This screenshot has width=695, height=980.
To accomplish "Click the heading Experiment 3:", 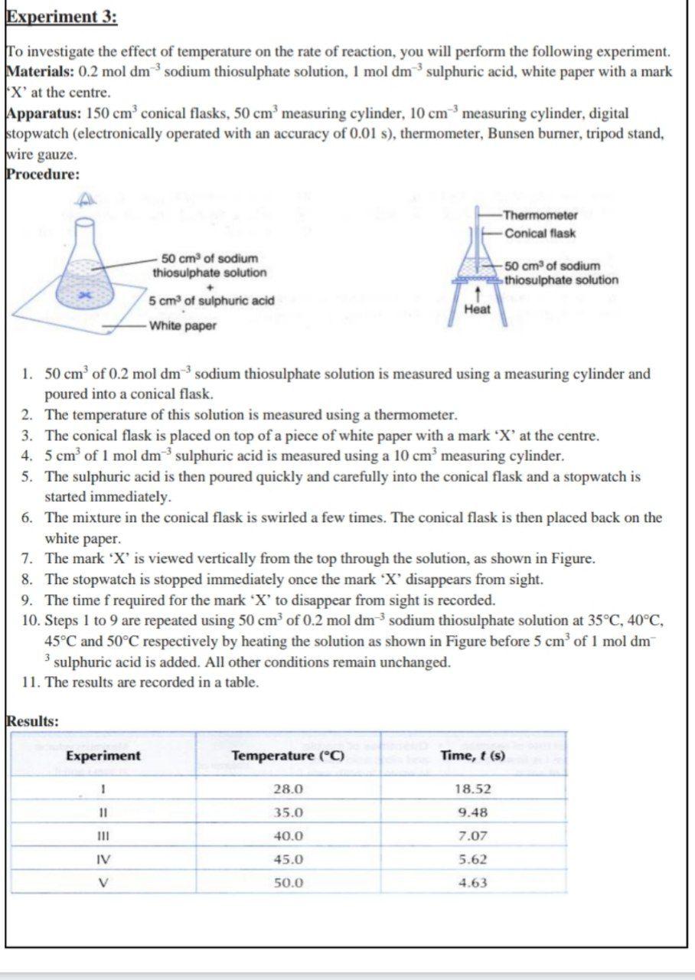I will [x=61, y=17].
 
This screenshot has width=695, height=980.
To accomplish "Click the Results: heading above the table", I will [x=32, y=720].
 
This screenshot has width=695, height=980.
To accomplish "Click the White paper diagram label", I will [x=182, y=326].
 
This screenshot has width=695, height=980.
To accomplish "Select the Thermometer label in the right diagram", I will [x=540, y=215].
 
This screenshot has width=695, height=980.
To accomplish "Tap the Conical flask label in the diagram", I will [x=540, y=234].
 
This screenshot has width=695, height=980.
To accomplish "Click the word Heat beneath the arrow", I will [x=477, y=309].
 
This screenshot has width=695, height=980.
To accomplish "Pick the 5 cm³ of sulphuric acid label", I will [x=211, y=300].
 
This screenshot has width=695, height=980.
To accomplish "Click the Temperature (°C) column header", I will [x=288, y=756].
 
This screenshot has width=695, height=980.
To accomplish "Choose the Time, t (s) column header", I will [x=472, y=756].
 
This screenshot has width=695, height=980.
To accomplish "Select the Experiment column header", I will [x=103, y=756].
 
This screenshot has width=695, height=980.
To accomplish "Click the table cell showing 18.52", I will [x=472, y=789].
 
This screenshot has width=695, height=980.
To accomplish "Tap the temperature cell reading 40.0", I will [x=288, y=836].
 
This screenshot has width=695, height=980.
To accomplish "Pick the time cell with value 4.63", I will [x=472, y=883].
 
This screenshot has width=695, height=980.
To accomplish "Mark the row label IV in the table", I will [x=103, y=859].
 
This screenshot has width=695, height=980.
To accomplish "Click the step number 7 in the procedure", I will [x=27, y=558].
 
